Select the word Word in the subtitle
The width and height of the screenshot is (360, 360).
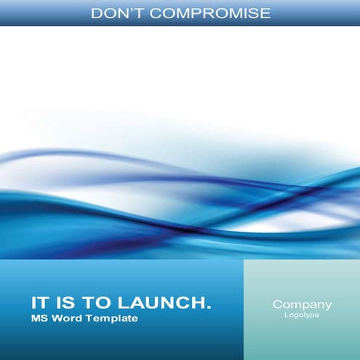pyautogui.click(x=64, y=319)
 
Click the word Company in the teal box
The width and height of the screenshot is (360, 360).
pyautogui.click(x=302, y=305)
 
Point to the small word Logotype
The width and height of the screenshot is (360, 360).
pyautogui.click(x=302, y=316)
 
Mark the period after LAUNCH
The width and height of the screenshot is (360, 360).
pyautogui.click(x=209, y=308)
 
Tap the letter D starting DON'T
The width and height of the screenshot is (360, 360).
pyautogui.click(x=99, y=13)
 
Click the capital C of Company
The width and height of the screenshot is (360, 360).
pyautogui.click(x=277, y=305)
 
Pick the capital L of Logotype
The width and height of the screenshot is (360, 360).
pyautogui.click(x=287, y=316)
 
